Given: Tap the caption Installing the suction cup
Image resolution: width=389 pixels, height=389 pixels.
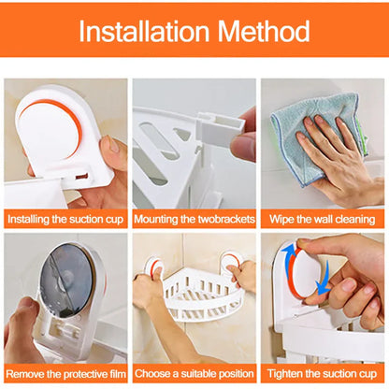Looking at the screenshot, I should (x=65, y=219).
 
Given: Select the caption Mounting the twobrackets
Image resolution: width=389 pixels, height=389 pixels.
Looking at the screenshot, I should (x=194, y=219).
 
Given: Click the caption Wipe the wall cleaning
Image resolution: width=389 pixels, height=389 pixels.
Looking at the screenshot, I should (x=323, y=219).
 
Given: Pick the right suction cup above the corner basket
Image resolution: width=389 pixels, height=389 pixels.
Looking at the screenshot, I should (x=231, y=266).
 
